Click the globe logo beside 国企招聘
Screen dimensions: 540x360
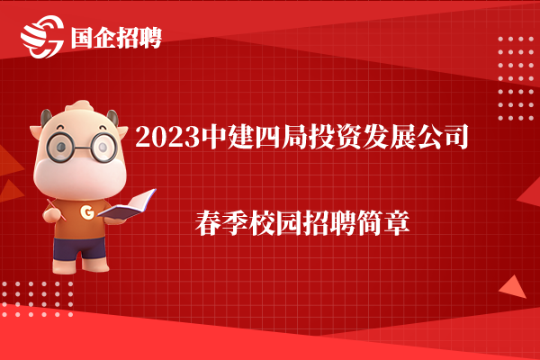click(x=42, y=37)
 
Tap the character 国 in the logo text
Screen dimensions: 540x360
click(x=82, y=38)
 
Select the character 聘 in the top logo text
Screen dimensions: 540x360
click(x=150, y=38)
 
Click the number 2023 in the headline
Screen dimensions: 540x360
click(x=167, y=137)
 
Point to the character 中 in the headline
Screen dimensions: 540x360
click(x=213, y=137)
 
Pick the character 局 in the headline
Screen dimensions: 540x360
click(x=295, y=137)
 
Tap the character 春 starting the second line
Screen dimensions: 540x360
click(x=208, y=223)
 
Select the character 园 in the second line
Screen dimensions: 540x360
click(x=289, y=223)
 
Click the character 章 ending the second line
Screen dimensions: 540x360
click(x=397, y=223)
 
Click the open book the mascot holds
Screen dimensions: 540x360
click(x=128, y=204)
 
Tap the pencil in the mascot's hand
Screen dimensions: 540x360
click(x=56, y=209)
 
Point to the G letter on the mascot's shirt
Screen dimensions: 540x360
click(x=87, y=212)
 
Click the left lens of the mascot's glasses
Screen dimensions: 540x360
click(x=60, y=148)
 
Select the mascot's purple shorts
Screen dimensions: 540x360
click(x=79, y=248)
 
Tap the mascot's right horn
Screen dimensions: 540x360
click(x=112, y=118)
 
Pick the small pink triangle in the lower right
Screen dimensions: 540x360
click(x=513, y=286)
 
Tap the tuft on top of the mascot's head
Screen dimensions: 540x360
click(x=80, y=105)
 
